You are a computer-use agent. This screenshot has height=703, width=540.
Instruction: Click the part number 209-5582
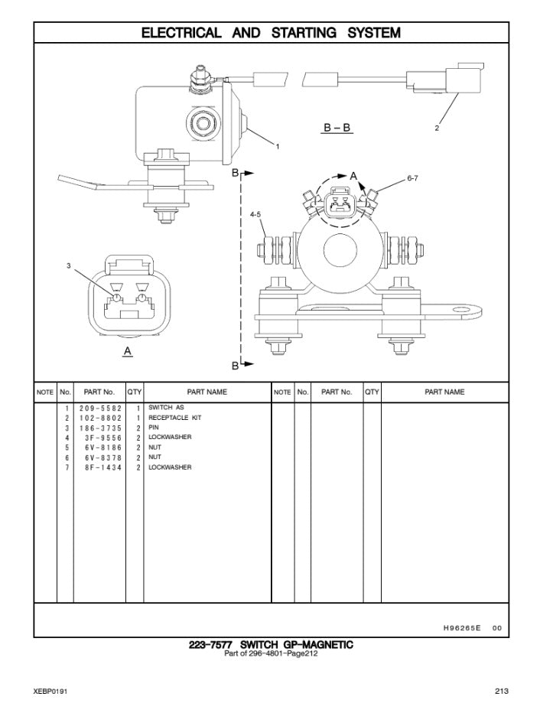tap(100, 408)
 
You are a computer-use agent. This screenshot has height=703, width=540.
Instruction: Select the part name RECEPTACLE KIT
tap(174, 418)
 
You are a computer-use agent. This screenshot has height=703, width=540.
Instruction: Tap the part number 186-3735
tap(100, 428)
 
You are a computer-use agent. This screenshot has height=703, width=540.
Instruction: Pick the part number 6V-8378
tap(103, 457)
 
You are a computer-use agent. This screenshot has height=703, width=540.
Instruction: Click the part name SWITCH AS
tap(166, 408)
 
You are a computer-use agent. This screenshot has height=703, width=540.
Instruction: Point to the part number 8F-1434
tap(103, 467)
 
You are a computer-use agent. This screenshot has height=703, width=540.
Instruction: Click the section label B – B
tap(337, 127)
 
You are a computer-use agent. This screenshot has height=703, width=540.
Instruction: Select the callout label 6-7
tap(412, 178)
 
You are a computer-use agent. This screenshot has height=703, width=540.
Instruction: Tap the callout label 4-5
tap(255, 215)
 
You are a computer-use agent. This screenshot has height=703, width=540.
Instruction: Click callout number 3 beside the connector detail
tap(69, 266)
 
